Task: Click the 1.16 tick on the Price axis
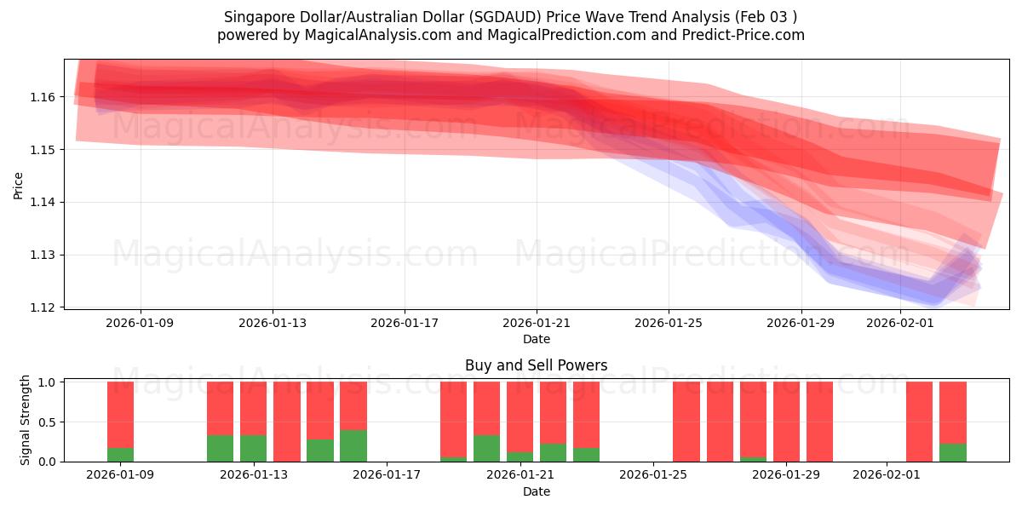(x=43, y=97)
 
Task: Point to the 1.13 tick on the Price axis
(x=43, y=255)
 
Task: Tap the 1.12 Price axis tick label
(x=43, y=307)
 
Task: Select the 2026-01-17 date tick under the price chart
(x=405, y=323)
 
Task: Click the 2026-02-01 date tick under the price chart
(x=900, y=323)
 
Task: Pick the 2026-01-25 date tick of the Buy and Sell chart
(x=653, y=475)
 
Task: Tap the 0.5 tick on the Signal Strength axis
(x=47, y=422)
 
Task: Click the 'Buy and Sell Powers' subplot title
(x=536, y=365)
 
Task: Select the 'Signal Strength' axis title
(x=26, y=420)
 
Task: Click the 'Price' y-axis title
(x=19, y=184)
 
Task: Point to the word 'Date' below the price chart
(x=536, y=339)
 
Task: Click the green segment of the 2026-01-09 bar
(x=120, y=454)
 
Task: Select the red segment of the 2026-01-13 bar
(x=253, y=408)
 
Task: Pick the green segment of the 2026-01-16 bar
(x=353, y=445)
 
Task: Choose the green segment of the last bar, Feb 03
(x=952, y=452)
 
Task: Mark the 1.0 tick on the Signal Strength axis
(x=47, y=382)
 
